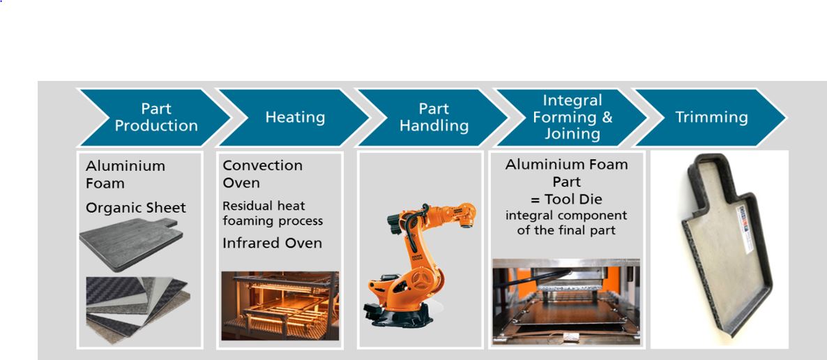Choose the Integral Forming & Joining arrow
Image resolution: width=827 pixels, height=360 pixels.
(x=572, y=117)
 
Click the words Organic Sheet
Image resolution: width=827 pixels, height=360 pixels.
(x=135, y=208)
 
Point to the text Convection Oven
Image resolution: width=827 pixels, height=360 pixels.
(x=262, y=174)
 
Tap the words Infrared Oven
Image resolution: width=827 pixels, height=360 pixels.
(x=272, y=243)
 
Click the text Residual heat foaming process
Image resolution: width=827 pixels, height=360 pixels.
(x=272, y=213)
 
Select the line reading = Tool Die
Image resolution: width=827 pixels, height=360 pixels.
(x=566, y=200)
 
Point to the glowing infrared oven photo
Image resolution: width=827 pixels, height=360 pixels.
(x=280, y=306)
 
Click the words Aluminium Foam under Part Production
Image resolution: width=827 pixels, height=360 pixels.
(x=126, y=174)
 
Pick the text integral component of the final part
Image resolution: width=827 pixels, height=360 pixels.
(x=566, y=223)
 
